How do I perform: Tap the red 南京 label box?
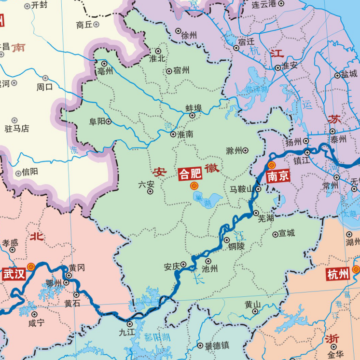[278, 176]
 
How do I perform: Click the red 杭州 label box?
[338, 275]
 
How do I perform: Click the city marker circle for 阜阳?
[109, 122]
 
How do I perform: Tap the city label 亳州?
[105, 71]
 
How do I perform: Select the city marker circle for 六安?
[150, 191]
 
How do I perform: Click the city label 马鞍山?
[241, 189]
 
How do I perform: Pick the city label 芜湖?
[266, 219]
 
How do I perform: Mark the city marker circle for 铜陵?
[227, 240]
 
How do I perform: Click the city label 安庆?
[172, 266]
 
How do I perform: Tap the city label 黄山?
[252, 304]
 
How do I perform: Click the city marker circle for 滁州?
[245, 150]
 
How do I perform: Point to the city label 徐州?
[189, 35]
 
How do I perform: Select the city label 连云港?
[264, 4]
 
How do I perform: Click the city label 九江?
[128, 332]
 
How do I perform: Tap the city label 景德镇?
[217, 346]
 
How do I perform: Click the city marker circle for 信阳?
[19, 172]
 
